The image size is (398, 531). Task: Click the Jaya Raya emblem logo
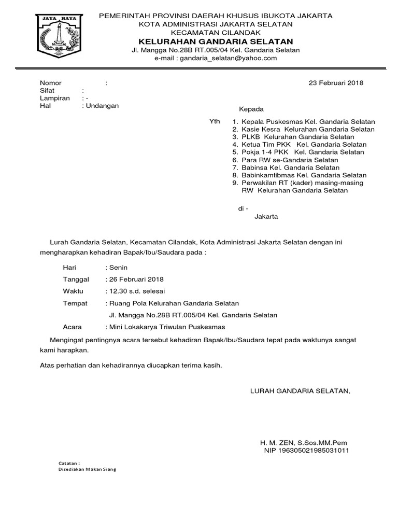59,38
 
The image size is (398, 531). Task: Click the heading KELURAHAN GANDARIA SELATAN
215,41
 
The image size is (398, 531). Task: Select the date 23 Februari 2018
336,83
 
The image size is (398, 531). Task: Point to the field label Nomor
51,83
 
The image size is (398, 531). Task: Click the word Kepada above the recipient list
251,109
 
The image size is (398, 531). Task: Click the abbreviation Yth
215,121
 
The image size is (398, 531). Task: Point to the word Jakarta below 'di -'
266,216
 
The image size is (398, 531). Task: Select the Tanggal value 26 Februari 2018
136,279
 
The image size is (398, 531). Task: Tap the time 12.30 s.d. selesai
137,291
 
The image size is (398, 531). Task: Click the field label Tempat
75,303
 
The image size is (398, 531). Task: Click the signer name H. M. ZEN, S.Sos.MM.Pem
304,443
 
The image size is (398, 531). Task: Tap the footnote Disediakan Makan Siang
87,469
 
